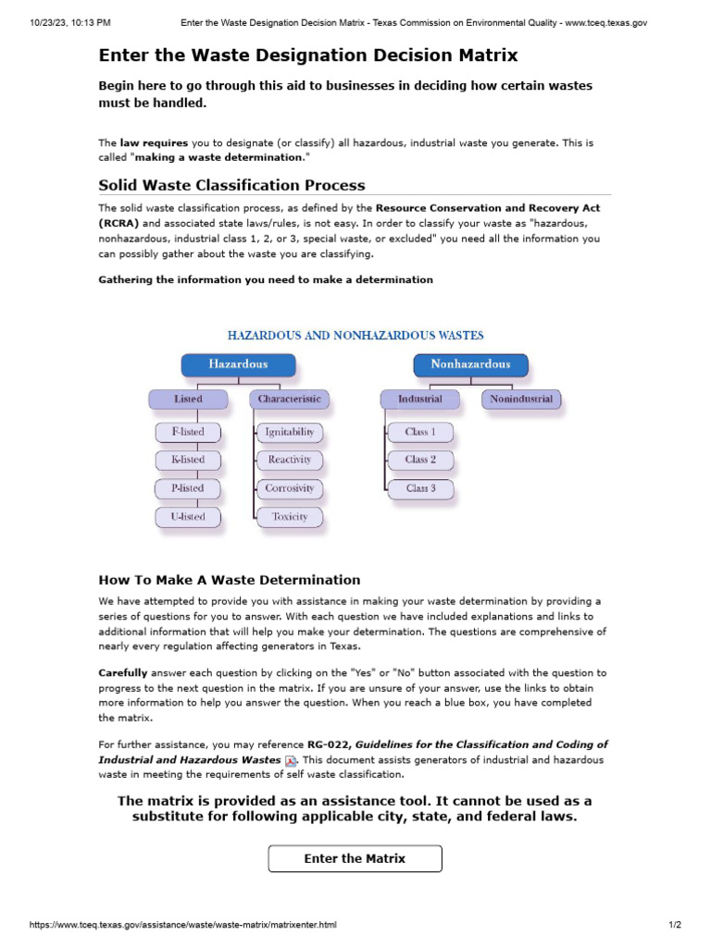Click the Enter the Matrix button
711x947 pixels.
click(355, 858)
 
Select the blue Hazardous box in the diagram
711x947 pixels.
click(238, 364)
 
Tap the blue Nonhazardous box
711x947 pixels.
click(470, 364)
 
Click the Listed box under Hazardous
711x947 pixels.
click(188, 400)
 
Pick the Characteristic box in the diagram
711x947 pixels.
click(289, 400)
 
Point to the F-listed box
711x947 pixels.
click(188, 432)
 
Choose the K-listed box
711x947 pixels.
click(188, 460)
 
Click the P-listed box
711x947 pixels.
click(188, 488)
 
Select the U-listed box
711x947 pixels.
click(188, 517)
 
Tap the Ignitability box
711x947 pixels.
click(290, 432)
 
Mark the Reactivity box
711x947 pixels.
click(290, 460)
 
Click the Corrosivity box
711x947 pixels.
click(290, 488)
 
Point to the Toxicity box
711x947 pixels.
click(290, 517)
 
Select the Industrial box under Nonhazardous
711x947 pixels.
click(419, 400)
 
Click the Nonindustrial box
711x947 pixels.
click(520, 400)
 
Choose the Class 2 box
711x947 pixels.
click(420, 460)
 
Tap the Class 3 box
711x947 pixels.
click(420, 488)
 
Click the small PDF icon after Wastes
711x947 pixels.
click(290, 760)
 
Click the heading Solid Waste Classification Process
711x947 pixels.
click(231, 185)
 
